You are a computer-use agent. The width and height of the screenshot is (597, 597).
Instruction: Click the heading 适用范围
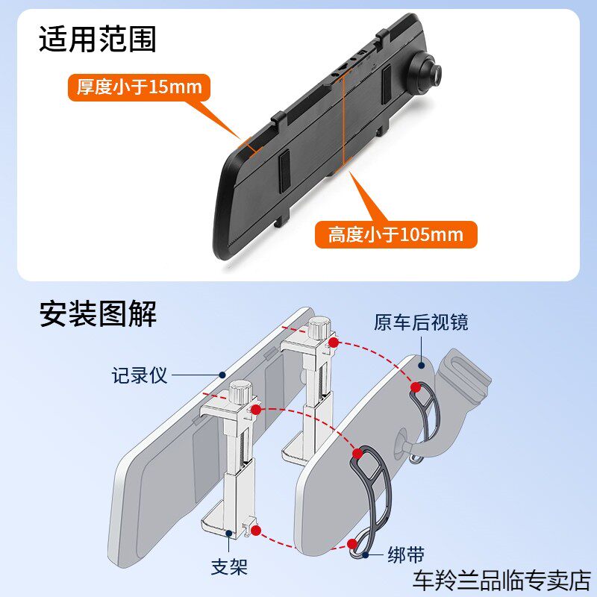tap(98, 39)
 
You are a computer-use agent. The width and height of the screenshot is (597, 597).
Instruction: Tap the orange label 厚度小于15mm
tap(139, 87)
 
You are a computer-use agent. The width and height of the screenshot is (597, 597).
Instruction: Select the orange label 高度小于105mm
tap(396, 235)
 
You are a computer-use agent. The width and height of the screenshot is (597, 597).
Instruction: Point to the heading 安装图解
tap(98, 314)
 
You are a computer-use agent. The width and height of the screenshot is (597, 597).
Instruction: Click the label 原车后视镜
tap(421, 322)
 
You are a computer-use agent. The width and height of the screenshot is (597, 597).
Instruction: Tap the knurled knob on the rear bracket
tap(319, 328)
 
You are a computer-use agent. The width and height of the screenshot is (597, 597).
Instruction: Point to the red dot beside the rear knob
tap(335, 343)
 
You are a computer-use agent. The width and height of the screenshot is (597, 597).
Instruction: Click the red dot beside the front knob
tap(256, 410)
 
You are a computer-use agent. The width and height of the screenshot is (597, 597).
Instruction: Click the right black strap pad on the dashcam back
tap(387, 84)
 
